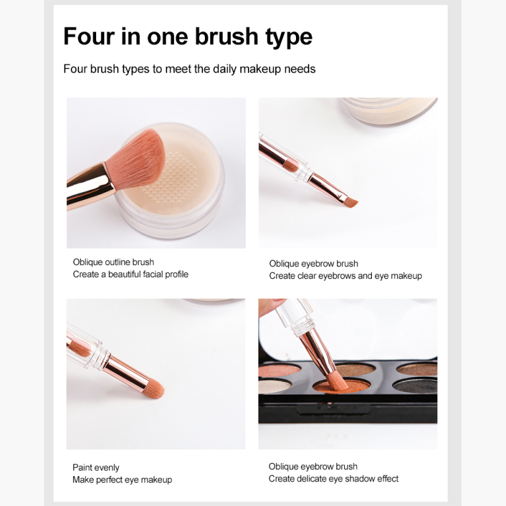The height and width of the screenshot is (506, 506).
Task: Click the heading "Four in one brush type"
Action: [188, 37]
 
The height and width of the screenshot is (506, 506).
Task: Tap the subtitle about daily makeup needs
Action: [189, 69]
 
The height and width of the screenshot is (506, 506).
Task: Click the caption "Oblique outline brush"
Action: [113, 262]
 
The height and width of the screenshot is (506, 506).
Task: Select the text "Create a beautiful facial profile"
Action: [131, 275]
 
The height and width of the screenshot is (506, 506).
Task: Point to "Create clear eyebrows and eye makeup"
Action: [345, 276]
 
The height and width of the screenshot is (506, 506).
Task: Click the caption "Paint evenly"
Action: [96, 467]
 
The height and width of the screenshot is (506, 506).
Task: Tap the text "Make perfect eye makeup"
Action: [122, 480]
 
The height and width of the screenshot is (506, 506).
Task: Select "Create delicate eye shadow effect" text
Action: [333, 479]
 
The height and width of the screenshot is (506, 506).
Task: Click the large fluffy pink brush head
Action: [137, 159]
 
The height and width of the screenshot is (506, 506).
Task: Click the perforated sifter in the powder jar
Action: [170, 178]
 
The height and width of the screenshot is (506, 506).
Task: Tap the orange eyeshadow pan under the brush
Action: [341, 386]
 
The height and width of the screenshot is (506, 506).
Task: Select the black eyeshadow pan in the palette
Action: [416, 386]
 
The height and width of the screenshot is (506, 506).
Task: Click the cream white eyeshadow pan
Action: [274, 386]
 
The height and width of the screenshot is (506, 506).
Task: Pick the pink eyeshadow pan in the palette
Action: [279, 370]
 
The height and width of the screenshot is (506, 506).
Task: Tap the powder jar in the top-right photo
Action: [390, 111]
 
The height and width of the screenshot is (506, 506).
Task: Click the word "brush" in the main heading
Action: [226, 36]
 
